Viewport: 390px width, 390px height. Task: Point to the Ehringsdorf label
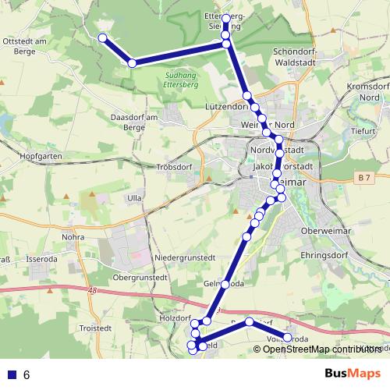pyautogui.click(x=323, y=254)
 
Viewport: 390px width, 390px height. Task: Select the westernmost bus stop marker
pyautogui.click(x=102, y=37)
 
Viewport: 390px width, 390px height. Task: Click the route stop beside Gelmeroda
pyautogui.click(x=225, y=284)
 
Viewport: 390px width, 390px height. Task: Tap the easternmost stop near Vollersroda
pyautogui.click(x=287, y=338)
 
